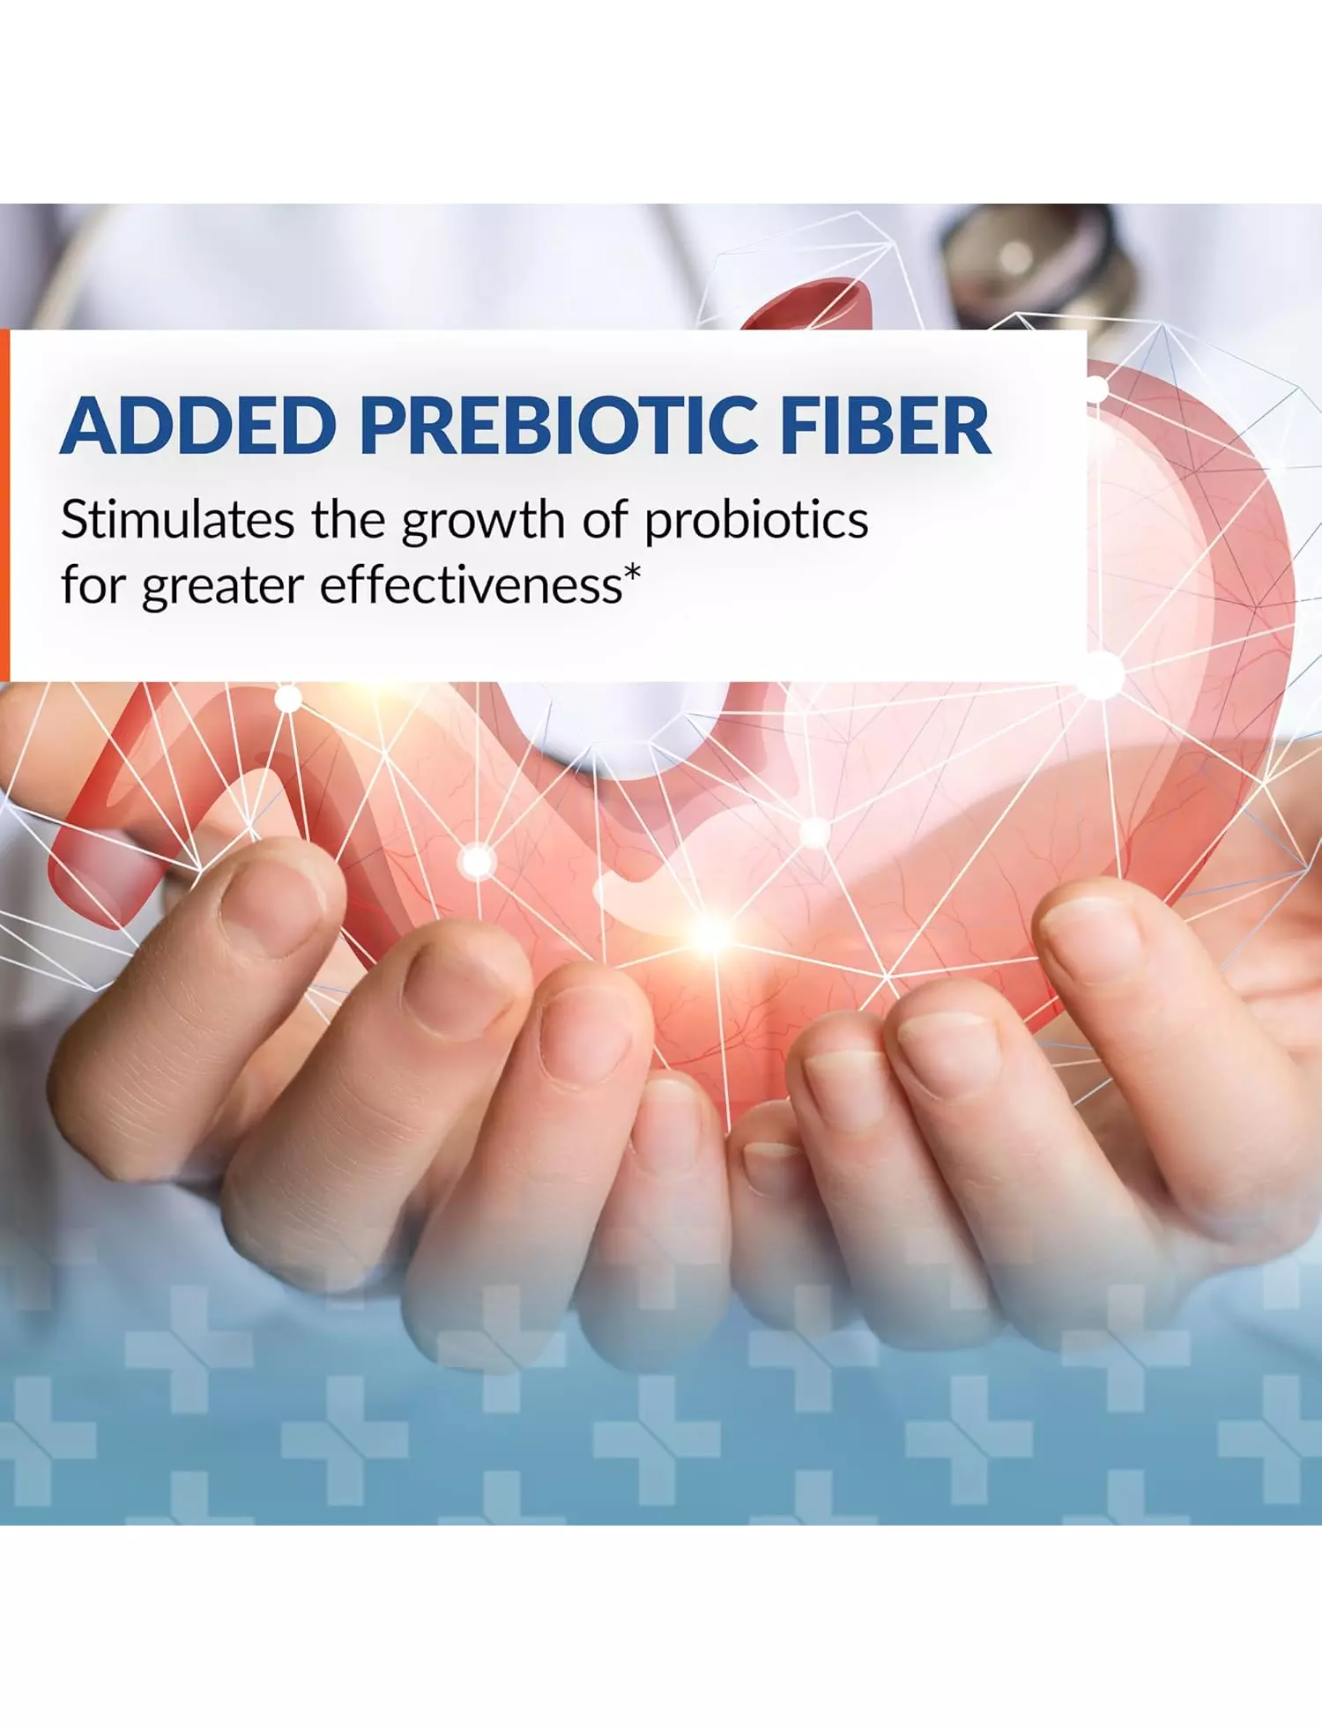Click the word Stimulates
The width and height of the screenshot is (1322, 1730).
point(177,519)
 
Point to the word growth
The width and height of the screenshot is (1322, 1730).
point(483,523)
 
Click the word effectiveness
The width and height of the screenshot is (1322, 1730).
point(471,584)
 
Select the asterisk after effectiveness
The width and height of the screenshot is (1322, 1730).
point(632,574)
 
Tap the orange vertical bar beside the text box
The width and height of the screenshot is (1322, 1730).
point(4,505)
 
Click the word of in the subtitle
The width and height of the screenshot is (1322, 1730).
point(605,519)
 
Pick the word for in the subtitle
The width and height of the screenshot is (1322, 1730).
point(92,584)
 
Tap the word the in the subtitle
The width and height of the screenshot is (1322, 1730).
point(349,519)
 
